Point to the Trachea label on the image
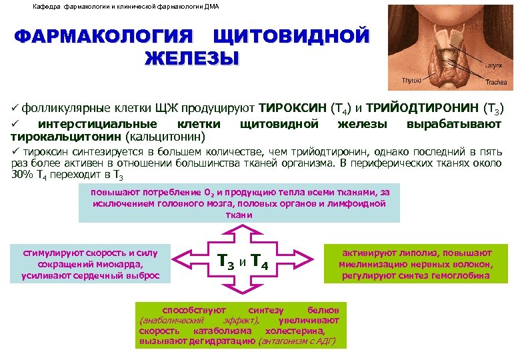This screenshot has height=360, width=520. coord(495,83)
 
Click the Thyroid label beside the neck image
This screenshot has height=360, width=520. coord(411,80)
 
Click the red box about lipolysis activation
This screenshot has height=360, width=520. coord(416,264)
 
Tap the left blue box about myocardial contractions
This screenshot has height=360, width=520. coord(90,264)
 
